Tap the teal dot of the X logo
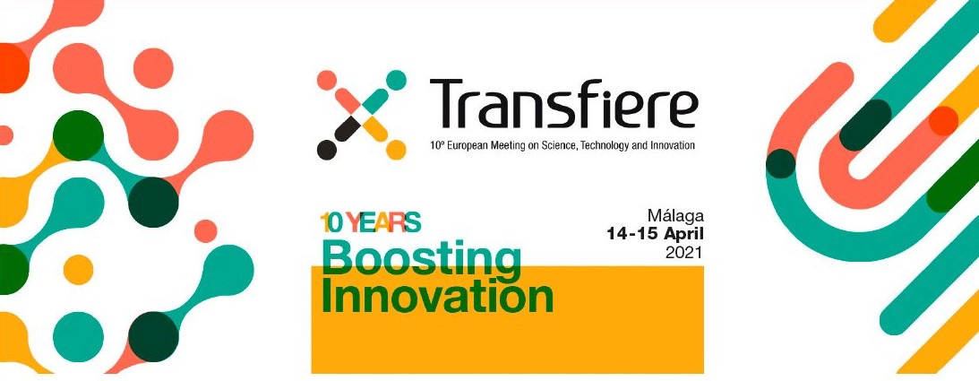pos(395,80)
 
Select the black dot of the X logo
pos(327,150)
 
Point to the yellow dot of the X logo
pos(396,150)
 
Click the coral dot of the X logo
pos(327,80)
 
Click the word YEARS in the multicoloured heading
pos(383,221)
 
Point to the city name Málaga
pos(675,217)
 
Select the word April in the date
pos(683,236)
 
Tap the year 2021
pos(684,253)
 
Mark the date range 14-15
pos(632,235)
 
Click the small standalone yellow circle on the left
pos(78,270)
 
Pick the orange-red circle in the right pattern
pos(943,120)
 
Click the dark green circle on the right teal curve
pos(780,164)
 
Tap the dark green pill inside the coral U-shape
pos(865,125)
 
